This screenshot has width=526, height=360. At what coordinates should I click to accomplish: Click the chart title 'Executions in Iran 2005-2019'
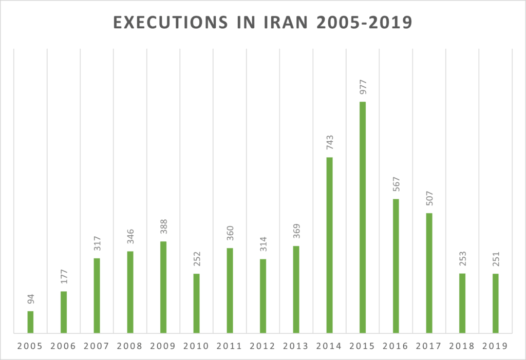(262, 24)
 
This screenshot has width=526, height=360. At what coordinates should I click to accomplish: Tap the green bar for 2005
(30, 322)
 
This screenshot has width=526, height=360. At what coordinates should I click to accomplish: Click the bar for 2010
(196, 303)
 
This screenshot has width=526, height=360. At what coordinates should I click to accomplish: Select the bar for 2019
(495, 303)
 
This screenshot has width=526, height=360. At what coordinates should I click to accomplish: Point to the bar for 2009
(163, 287)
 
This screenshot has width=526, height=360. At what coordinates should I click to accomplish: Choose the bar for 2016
(396, 266)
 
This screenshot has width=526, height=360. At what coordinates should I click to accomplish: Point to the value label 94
(30, 298)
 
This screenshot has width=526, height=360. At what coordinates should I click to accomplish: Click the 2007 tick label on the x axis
(97, 346)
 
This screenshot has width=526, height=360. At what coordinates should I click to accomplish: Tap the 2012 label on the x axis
(262, 346)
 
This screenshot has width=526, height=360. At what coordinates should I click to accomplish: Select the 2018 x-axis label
(462, 346)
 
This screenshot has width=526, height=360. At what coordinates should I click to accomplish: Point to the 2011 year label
(230, 346)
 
